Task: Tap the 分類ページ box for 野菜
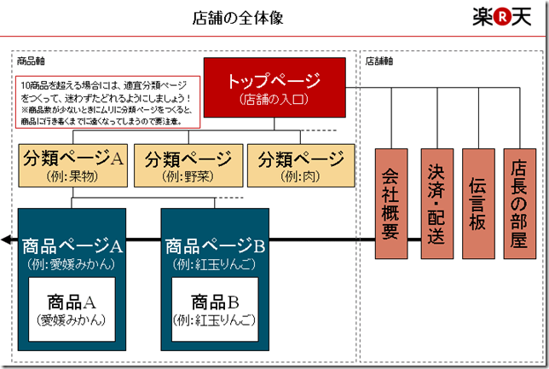point(188,165)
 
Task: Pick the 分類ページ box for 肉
point(301,165)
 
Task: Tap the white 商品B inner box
point(214,309)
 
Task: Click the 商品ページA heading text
point(72,246)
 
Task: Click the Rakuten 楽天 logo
point(503,18)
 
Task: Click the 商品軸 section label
point(31,61)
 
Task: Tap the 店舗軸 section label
point(379,61)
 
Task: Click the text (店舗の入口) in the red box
point(274,101)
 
